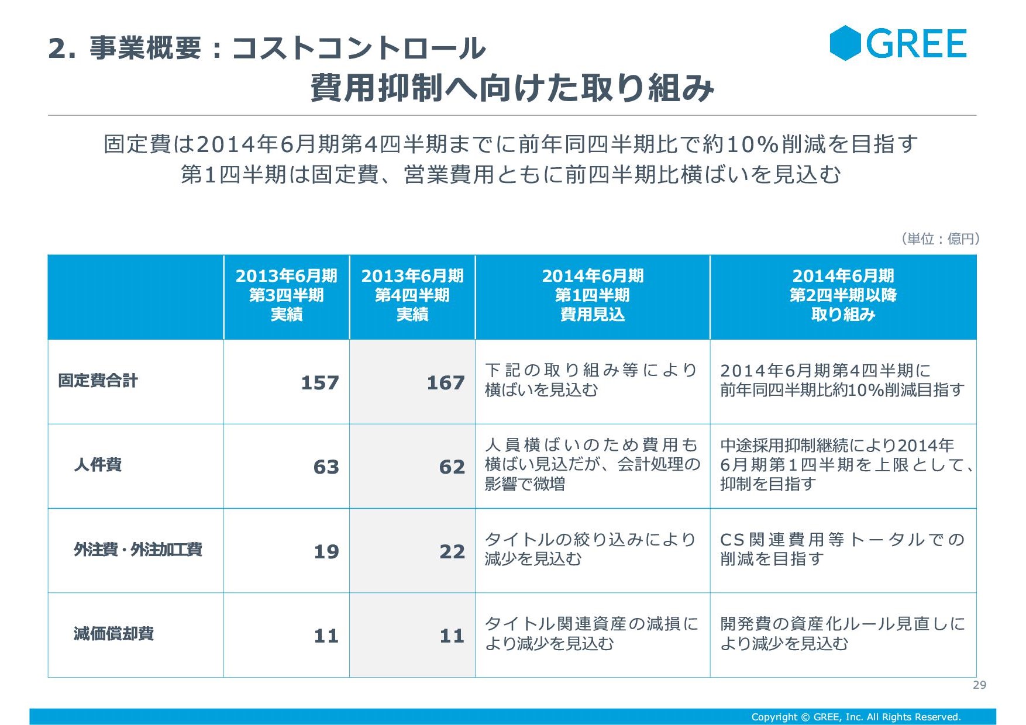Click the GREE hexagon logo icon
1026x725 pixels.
pos(845,43)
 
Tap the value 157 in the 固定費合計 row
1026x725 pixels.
pos(319,383)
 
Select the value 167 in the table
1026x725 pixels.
pos(445,383)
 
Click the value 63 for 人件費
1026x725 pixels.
pos(326,467)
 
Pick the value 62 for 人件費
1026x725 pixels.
pos(452,467)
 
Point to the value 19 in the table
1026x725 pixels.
pos(326,552)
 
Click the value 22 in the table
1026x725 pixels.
pos(452,552)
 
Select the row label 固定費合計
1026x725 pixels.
pos(98,381)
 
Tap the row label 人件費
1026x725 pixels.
pos(98,465)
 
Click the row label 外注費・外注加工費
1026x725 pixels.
pos(137,550)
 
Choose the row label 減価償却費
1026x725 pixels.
pos(113,634)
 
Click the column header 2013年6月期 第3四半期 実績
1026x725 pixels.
pos(286,296)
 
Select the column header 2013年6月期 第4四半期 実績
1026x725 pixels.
pos(412,296)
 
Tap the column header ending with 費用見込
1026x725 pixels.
pos(592,296)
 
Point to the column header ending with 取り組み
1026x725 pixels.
pos(843,296)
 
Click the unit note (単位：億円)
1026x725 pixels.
pos(940,239)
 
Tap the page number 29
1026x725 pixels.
pos(979,685)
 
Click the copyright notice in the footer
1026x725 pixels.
pos(856,717)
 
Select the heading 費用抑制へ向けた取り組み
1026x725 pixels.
pos(512,88)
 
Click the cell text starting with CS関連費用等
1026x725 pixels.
pos(842,549)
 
